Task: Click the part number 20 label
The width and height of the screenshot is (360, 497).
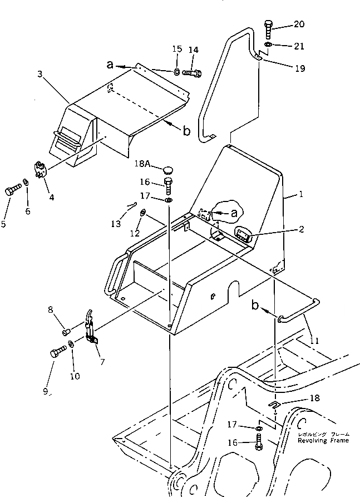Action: point(299,24)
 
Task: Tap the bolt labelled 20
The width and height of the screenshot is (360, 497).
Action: point(269,29)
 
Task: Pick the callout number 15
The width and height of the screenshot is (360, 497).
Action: point(177,50)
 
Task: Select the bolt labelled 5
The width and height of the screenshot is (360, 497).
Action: point(12,191)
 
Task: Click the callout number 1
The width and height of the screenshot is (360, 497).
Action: point(301,195)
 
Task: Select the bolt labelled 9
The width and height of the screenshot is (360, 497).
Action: point(57,352)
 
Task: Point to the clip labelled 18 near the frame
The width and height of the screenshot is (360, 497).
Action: point(275,403)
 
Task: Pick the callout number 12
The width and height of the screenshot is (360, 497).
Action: point(134,233)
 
